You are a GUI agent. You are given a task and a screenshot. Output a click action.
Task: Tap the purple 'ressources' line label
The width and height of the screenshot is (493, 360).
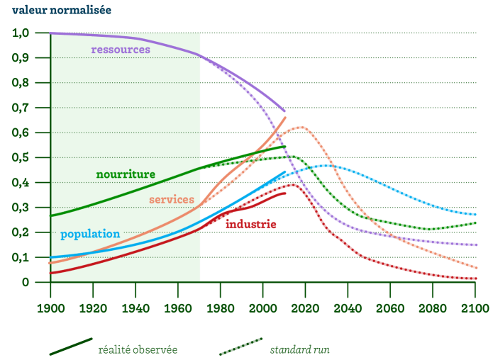click(x=121, y=50)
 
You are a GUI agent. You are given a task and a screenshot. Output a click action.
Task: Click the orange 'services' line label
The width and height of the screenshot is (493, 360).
click(x=172, y=200)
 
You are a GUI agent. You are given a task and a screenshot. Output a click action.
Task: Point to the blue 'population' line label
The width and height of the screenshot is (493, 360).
click(x=90, y=234)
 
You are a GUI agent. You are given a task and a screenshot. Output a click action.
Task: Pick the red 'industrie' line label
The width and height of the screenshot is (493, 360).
click(x=250, y=225)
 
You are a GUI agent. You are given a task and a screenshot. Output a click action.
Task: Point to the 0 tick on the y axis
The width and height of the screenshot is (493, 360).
click(x=26, y=282)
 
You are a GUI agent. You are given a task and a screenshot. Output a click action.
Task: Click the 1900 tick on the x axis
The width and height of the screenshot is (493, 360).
click(x=50, y=309)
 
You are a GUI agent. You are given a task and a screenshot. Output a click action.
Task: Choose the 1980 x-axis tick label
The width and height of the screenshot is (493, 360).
click(x=221, y=309)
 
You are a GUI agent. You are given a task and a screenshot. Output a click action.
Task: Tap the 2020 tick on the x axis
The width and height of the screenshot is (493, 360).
click(x=305, y=309)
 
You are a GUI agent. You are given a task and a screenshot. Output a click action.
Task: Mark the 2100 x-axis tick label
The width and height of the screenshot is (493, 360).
click(x=475, y=309)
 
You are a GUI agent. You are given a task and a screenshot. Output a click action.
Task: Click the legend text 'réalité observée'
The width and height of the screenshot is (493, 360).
click(x=138, y=349)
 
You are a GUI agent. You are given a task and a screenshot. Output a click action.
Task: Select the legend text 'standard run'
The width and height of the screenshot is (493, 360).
click(x=299, y=349)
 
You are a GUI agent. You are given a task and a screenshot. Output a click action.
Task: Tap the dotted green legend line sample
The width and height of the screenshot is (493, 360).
click(x=241, y=347)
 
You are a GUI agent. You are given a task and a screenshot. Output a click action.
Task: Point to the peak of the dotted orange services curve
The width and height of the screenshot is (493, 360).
click(x=301, y=128)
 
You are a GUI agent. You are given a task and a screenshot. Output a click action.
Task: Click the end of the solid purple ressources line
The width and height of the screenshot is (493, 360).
click(x=284, y=111)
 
